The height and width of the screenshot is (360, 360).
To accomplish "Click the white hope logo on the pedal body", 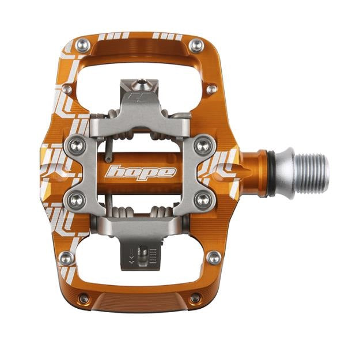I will (x=141, y=172).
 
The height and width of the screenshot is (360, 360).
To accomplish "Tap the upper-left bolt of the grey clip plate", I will (x=76, y=144).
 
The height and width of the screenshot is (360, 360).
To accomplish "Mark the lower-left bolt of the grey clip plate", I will (x=76, y=200).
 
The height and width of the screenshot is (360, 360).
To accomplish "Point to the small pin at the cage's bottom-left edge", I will (x=84, y=298).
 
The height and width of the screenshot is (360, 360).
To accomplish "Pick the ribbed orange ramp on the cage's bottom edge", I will (x=140, y=302).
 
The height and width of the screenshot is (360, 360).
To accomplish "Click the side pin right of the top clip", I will (x=212, y=89).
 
